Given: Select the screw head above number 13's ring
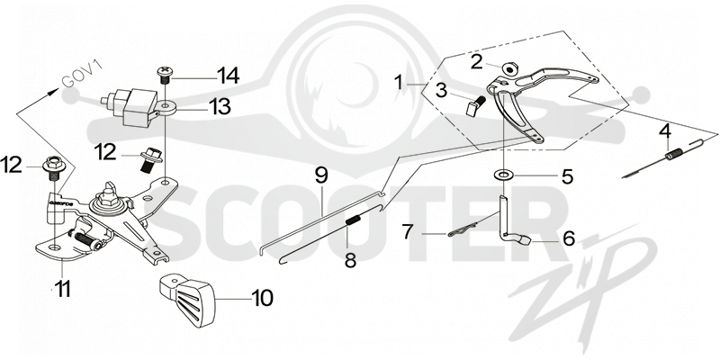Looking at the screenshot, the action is pyautogui.click(x=165, y=74).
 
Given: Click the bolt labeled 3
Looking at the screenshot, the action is pyautogui.click(x=475, y=105).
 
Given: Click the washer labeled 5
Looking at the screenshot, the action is pyautogui.click(x=504, y=175).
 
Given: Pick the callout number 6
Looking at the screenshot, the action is pyautogui.click(x=569, y=238).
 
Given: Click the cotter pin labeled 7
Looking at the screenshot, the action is pyautogui.click(x=463, y=231).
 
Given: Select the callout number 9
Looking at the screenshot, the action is pyautogui.click(x=321, y=175).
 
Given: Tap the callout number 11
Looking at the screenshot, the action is pyautogui.click(x=62, y=289).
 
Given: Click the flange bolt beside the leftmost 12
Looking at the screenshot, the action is pyautogui.click(x=52, y=169).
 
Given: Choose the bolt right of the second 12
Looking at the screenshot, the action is pyautogui.click(x=150, y=160).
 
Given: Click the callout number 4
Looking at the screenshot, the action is pyautogui.click(x=665, y=132).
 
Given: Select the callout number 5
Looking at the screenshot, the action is pyautogui.click(x=568, y=176).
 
